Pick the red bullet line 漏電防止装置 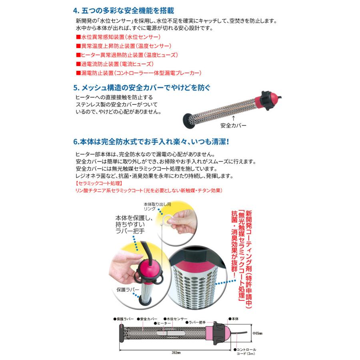click(138, 73)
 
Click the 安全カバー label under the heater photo click(233, 125)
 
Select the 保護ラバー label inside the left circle click(128, 288)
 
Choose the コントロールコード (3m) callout click(245, 351)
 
